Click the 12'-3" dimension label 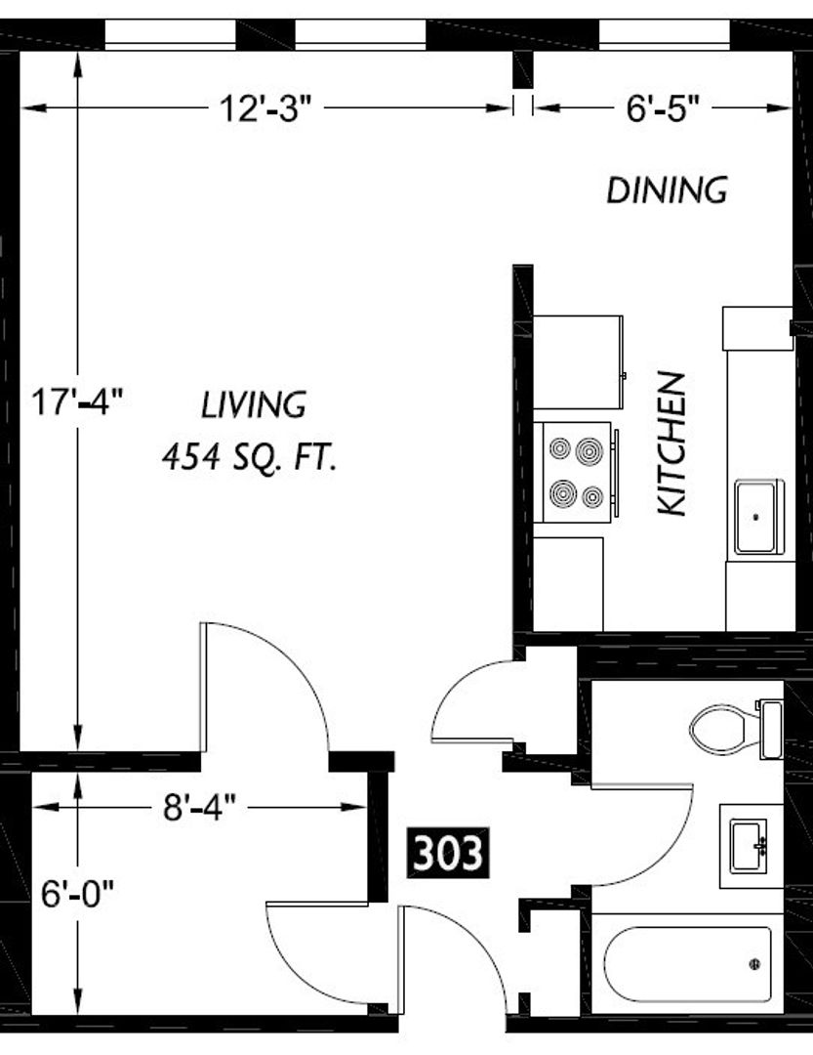click(266, 108)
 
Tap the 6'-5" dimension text click(663, 108)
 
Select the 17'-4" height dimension click(78, 401)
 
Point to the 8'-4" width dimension click(200, 807)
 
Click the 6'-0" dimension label click(77, 894)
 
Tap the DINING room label click(667, 190)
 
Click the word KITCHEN click(671, 444)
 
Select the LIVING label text click(254, 405)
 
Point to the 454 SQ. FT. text click(249, 458)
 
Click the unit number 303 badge click(448, 853)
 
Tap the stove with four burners click(577, 472)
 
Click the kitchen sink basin click(759, 517)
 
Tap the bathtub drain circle click(754, 964)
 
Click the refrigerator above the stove click(579, 362)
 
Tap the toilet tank click(771, 730)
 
